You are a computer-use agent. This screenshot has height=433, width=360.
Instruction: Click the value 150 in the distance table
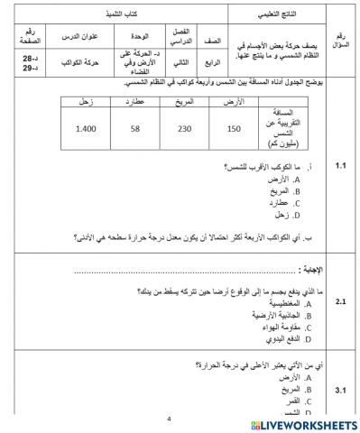235,130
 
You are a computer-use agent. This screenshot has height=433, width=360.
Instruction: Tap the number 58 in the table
134,130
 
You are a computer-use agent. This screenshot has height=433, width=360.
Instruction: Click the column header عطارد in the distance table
134,103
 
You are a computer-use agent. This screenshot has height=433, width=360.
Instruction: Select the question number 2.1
340,302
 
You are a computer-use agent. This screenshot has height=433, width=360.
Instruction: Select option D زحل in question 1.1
290,215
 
